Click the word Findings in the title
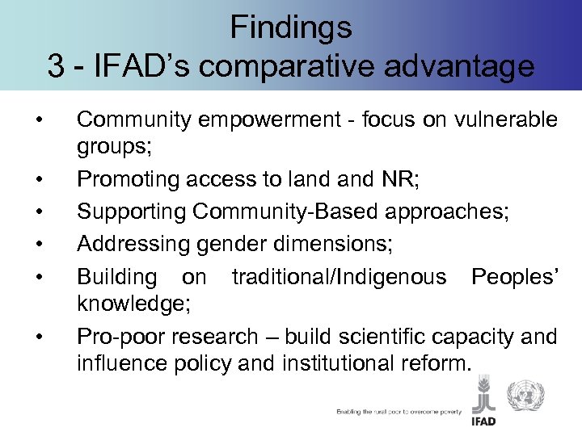tap(291, 27)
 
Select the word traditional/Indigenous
tap(339, 276)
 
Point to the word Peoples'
tap(514, 276)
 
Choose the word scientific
tap(382, 335)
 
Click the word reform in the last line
tap(439, 363)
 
